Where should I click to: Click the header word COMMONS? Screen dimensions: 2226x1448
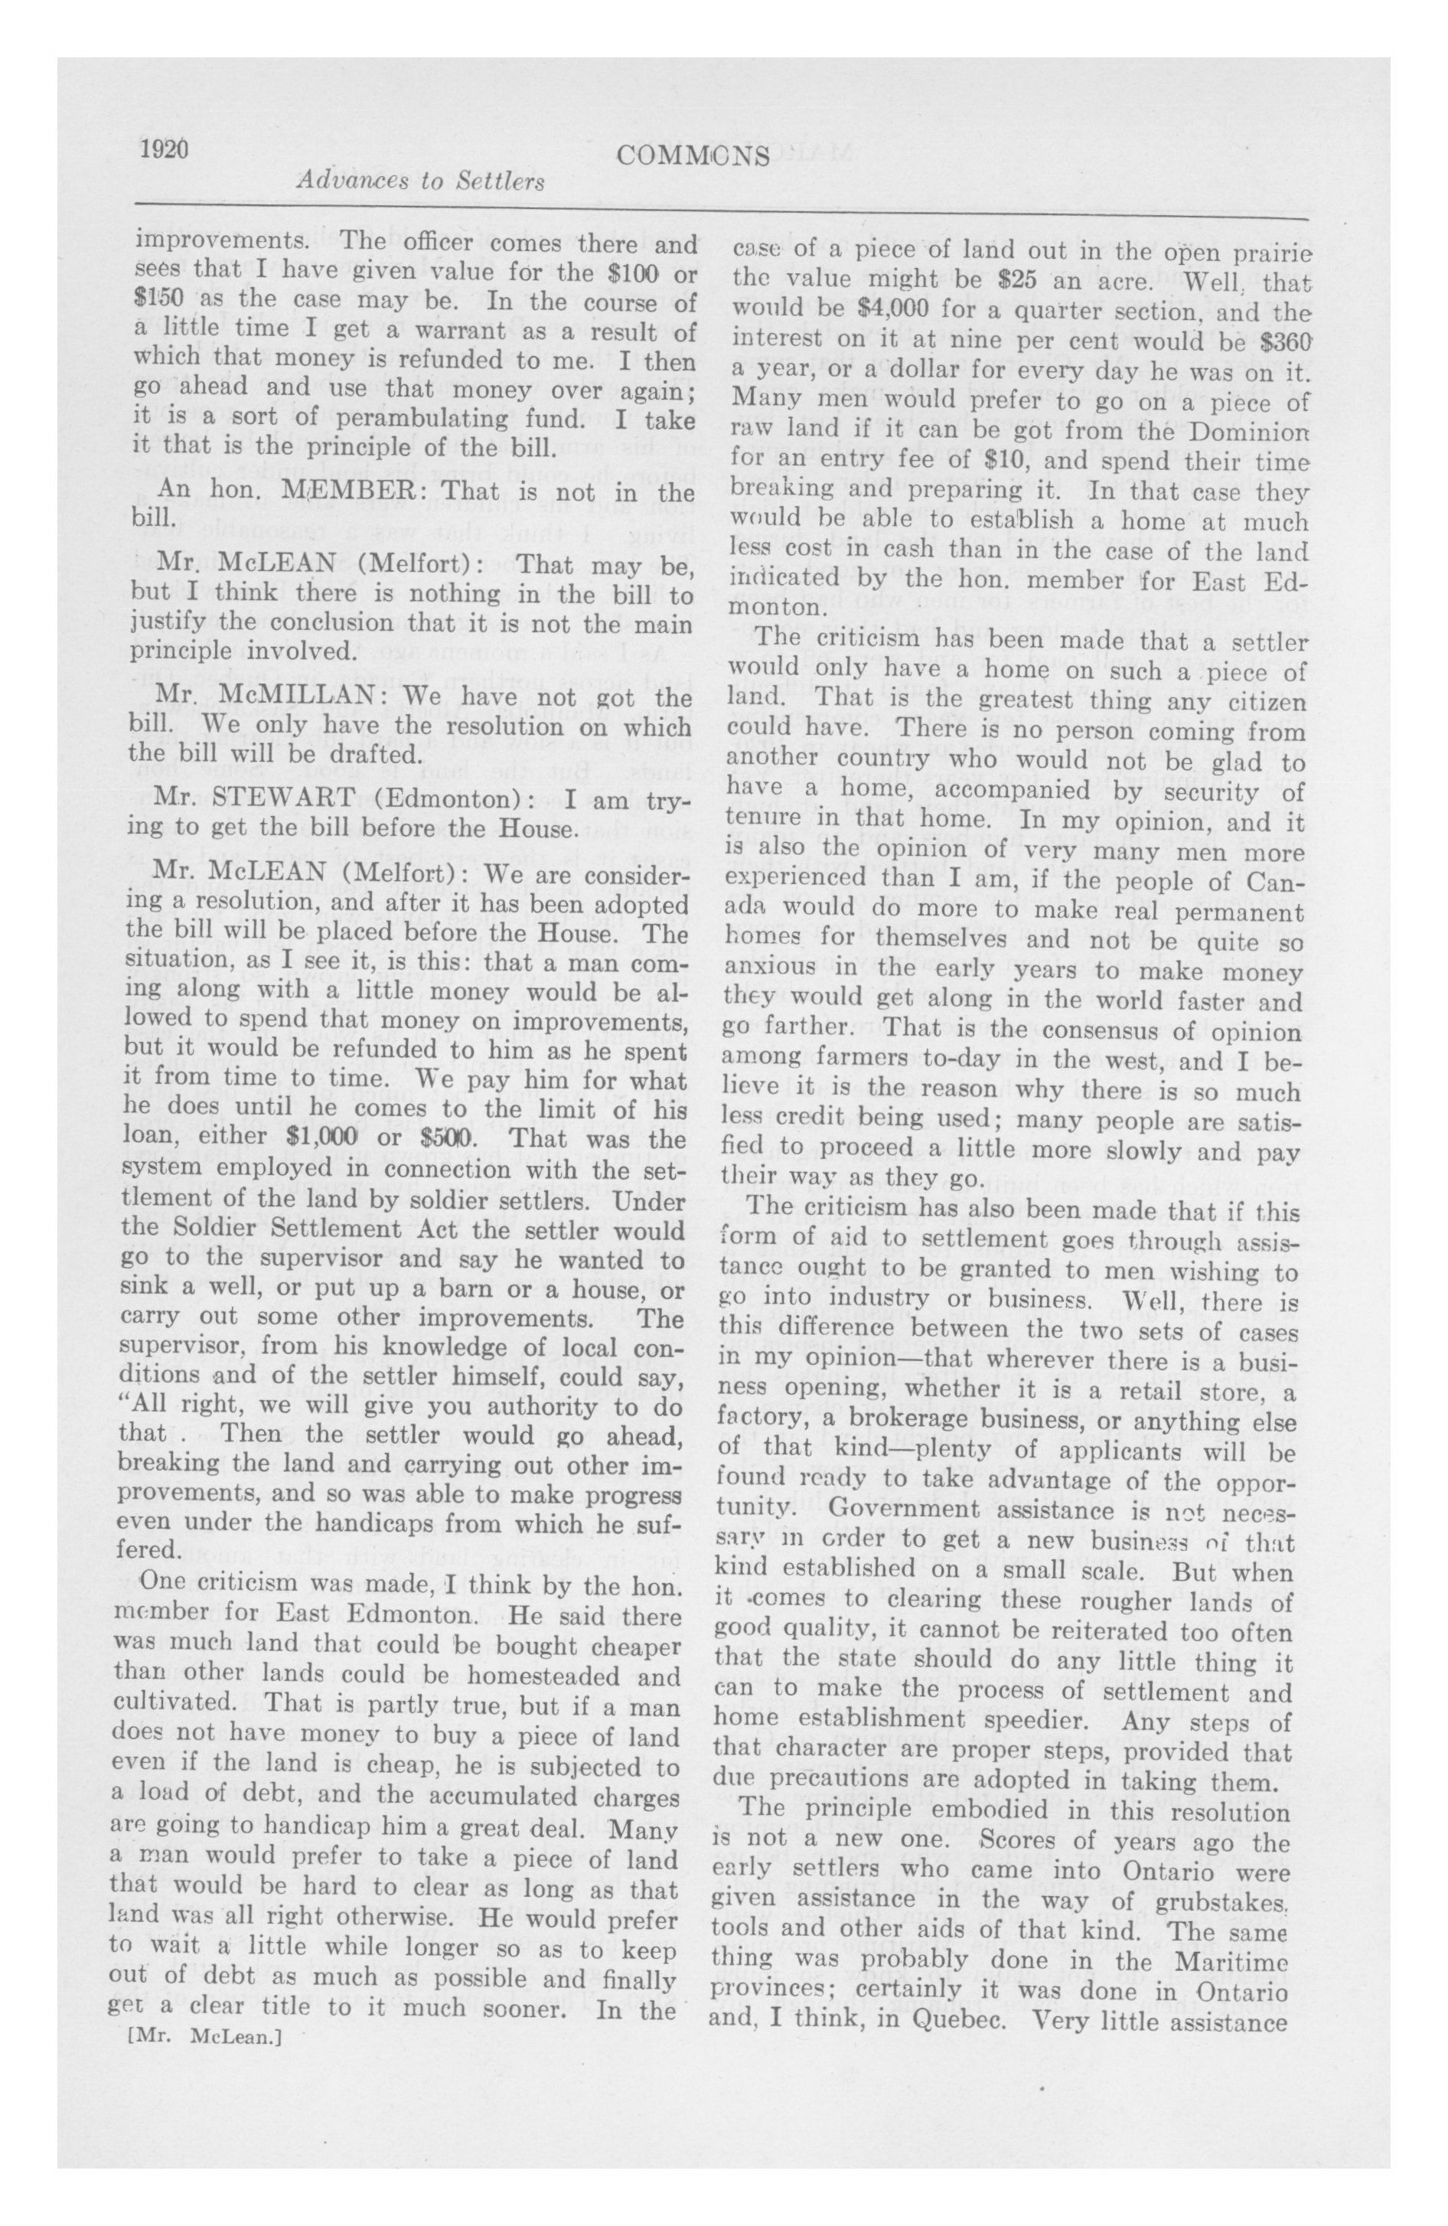[693, 155]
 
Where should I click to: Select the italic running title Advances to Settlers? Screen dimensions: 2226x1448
[420, 181]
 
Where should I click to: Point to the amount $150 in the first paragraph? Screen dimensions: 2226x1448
[160, 303]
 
